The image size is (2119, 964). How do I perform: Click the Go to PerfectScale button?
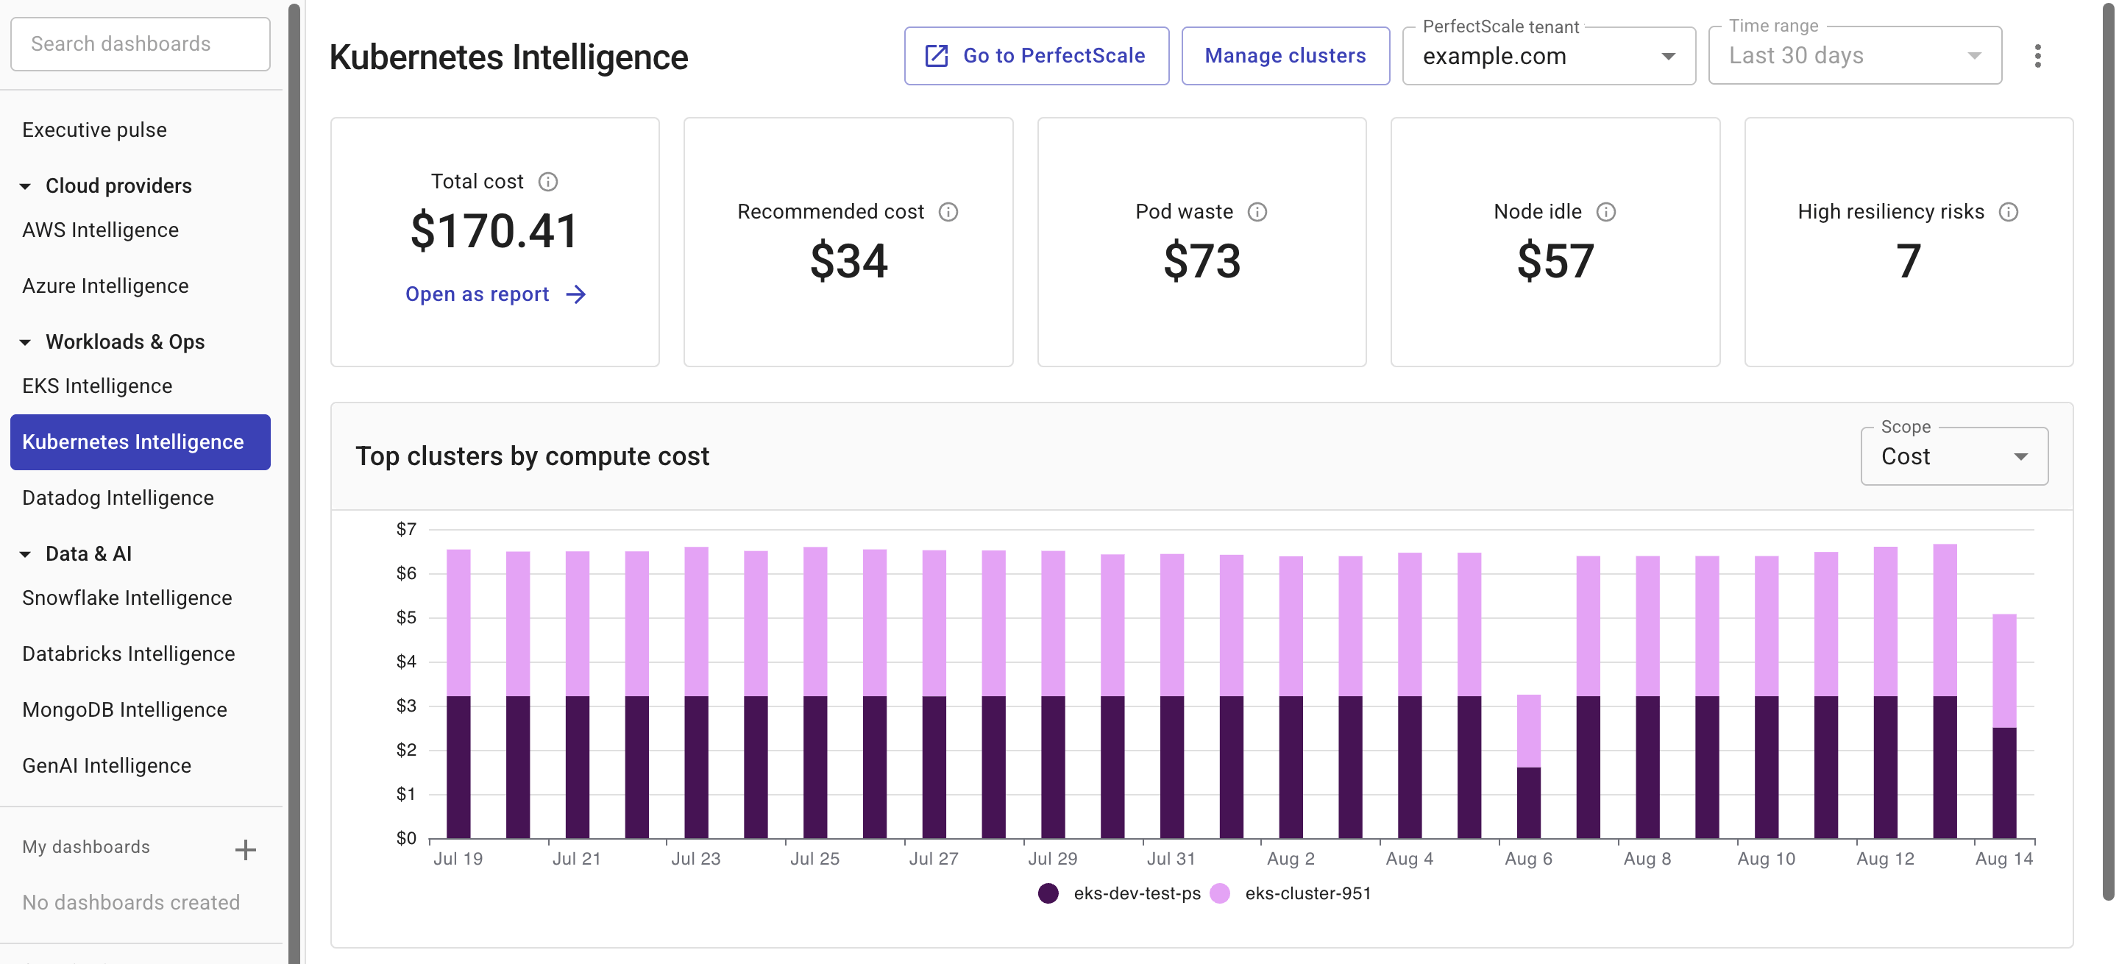[x=1036, y=56]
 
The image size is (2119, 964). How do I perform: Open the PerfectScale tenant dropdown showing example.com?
[x=1547, y=56]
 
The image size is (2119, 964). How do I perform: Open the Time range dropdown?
[x=1854, y=56]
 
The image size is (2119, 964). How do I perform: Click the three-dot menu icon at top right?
[x=2037, y=56]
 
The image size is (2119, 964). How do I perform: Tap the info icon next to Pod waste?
[x=1257, y=212]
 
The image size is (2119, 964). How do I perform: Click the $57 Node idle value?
[x=1555, y=261]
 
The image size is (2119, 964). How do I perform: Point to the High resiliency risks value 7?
[x=1908, y=261]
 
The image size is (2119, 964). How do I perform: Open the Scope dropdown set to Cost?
[x=1953, y=456]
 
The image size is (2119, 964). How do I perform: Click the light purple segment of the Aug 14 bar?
[x=2003, y=670]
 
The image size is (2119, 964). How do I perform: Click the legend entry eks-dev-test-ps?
[x=1136, y=893]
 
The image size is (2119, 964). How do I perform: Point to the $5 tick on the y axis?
[x=406, y=617]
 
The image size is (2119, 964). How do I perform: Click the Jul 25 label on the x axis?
[x=814, y=859]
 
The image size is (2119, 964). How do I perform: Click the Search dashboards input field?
[x=140, y=43]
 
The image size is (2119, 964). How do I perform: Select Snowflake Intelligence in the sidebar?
[x=127, y=598]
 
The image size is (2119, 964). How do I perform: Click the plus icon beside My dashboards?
[x=245, y=850]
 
